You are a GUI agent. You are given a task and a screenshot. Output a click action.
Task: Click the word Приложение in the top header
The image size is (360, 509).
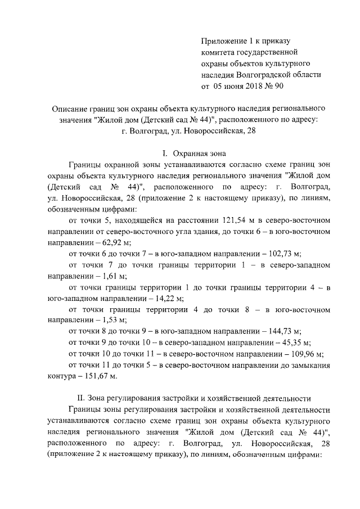[223, 42]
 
